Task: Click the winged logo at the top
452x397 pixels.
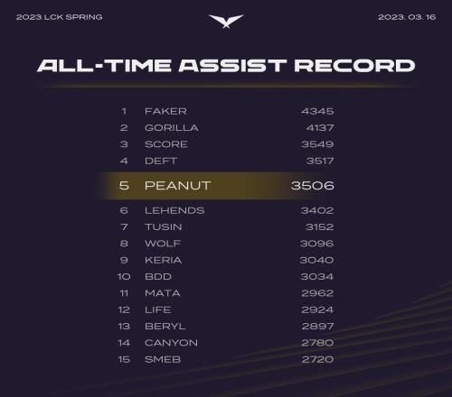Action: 226,22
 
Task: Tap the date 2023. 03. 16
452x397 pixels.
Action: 407,17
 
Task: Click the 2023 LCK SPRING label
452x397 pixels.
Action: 60,17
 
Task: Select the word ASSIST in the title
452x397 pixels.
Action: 232,66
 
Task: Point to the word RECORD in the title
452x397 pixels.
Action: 354,66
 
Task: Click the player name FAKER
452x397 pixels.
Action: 165,111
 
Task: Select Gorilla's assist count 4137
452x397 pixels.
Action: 320,128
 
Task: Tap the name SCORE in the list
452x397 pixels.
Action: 166,144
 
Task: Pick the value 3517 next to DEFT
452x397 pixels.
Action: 320,161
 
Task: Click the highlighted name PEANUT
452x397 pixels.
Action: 178,186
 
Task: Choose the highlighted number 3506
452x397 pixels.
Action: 313,186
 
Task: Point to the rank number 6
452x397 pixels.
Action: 124,210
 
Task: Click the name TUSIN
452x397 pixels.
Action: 164,226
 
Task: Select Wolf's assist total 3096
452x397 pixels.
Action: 317,244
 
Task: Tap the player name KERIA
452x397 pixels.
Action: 164,260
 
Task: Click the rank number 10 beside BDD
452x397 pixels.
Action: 124,276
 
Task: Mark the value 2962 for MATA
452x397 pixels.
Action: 317,293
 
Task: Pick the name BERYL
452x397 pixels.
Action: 165,326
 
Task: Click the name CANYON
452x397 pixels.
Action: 171,343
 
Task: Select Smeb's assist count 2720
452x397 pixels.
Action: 317,359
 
